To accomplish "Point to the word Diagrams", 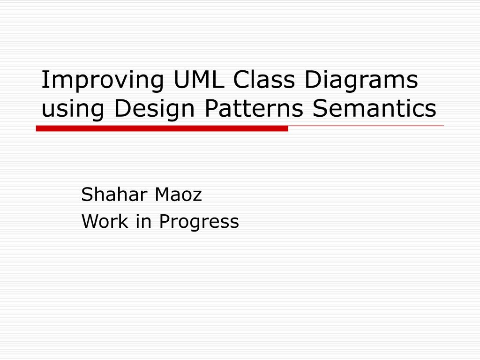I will (x=361, y=80).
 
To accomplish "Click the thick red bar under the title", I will (x=162, y=128).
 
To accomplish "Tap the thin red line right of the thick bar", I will (x=366, y=126).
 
